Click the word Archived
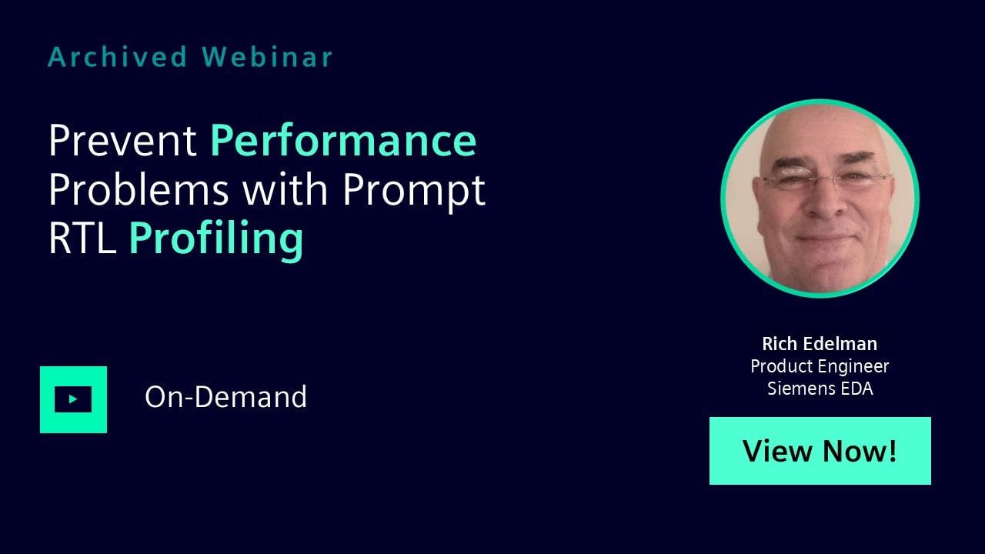pyautogui.click(x=118, y=57)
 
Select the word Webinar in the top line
pyautogui.click(x=267, y=57)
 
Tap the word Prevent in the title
pyautogui.click(x=122, y=140)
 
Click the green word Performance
pyautogui.click(x=343, y=140)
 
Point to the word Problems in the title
pyautogui.click(x=139, y=190)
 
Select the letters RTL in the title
pyautogui.click(x=82, y=238)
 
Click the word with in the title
pyautogui.click(x=285, y=190)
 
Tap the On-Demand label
pyautogui.click(x=225, y=396)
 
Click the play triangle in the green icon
pyautogui.click(x=73, y=399)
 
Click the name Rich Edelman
pyautogui.click(x=820, y=344)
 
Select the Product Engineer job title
pyautogui.click(x=820, y=367)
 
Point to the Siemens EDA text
pyautogui.click(x=820, y=389)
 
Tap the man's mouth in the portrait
pyautogui.click(x=825, y=239)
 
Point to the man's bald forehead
pyautogui.click(x=820, y=132)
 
